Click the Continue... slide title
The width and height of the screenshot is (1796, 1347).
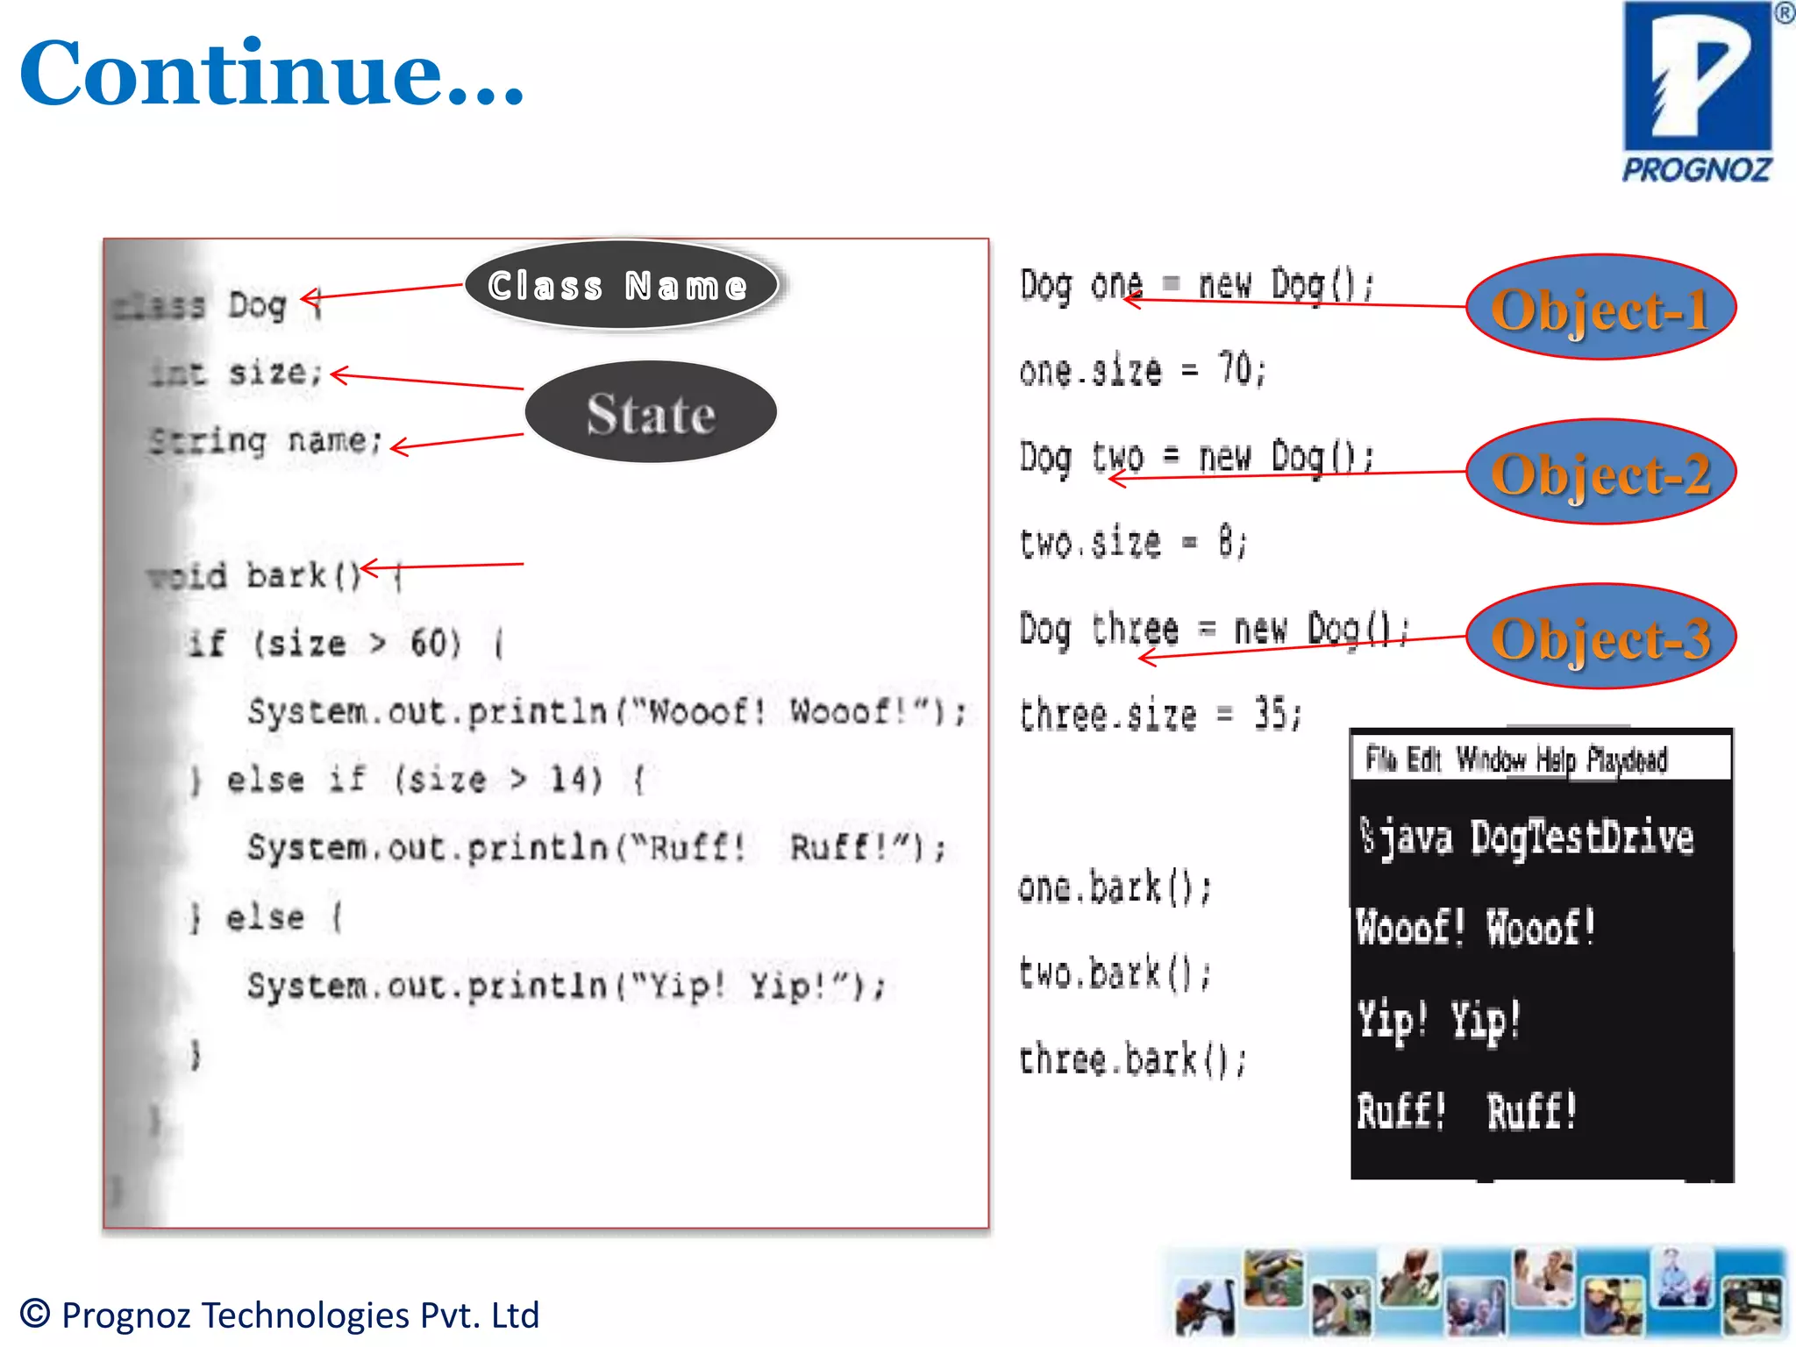point(272,74)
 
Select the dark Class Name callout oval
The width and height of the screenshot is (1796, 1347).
point(620,286)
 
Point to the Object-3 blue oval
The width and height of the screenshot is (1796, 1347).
point(1600,638)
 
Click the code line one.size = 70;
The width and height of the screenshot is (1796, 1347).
point(1142,370)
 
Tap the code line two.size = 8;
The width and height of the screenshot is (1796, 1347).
point(1131,542)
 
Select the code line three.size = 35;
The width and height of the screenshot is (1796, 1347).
point(1159,715)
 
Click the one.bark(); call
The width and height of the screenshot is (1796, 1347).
point(1114,887)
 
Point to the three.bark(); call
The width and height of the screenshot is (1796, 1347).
point(1131,1059)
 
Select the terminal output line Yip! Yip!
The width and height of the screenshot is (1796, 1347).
point(1438,1020)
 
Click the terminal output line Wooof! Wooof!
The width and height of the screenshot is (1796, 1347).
point(1475,928)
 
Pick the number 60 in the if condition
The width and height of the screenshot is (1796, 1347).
point(429,644)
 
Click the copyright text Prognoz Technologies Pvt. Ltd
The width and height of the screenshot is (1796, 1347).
point(281,1315)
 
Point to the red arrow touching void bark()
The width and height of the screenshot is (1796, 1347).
point(443,567)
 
